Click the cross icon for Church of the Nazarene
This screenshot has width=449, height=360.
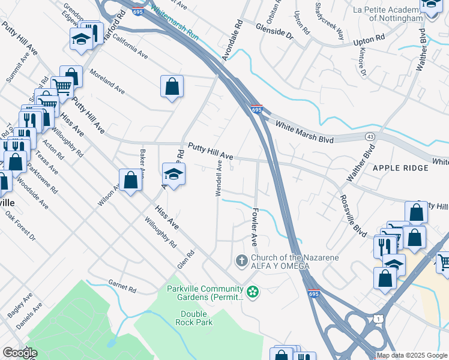241,261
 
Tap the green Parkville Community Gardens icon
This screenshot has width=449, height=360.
253,292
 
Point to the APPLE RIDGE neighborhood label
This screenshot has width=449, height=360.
400,168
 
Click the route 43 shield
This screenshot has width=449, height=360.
369,137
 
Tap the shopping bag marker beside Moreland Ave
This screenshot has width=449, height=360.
172,86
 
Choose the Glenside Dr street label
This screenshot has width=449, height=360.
273,32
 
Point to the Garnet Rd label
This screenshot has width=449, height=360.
122,286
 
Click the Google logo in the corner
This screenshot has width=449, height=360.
20,353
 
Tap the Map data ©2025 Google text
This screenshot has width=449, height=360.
412,355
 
